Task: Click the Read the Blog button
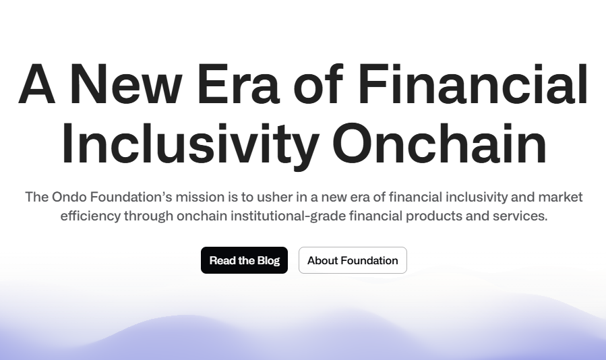coord(244,260)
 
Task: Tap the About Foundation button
coord(353,260)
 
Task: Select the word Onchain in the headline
coord(440,143)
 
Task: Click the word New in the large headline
coord(125,84)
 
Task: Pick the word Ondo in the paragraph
coord(69,197)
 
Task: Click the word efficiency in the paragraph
coord(90,216)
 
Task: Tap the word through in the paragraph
coord(149,216)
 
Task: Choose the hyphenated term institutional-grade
coord(289,216)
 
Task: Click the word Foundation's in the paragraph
coord(131,197)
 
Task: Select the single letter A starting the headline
coord(36,84)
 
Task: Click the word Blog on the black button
coord(268,261)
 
